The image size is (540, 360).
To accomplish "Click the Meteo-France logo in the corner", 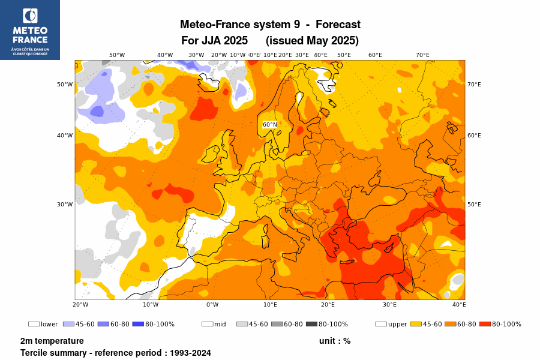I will (x=30, y=30).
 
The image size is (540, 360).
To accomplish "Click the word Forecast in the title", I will (x=338, y=25).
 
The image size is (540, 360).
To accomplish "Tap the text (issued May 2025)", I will (x=312, y=41).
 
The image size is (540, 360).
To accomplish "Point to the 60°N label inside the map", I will (x=270, y=125).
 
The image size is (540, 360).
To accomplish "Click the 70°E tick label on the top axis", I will (x=422, y=55).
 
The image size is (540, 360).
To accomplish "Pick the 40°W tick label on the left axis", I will (x=65, y=136).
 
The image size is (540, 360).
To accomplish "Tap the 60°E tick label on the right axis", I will (x=474, y=136).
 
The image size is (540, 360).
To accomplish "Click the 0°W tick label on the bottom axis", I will (x=212, y=305).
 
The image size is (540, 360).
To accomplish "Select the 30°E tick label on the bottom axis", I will (x=390, y=305).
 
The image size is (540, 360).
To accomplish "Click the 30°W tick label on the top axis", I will (x=196, y=55).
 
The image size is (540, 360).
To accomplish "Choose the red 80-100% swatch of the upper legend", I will (x=486, y=324).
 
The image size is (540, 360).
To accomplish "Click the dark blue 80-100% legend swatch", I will (x=137, y=324).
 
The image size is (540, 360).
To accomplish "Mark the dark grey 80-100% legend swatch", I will (x=312, y=324).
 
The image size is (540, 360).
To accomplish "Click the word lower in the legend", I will (x=49, y=325).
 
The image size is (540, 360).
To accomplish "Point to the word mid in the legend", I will (x=220, y=325).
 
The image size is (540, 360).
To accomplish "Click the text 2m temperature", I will (x=52, y=341).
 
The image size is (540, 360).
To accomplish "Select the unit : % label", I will (x=335, y=341).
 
